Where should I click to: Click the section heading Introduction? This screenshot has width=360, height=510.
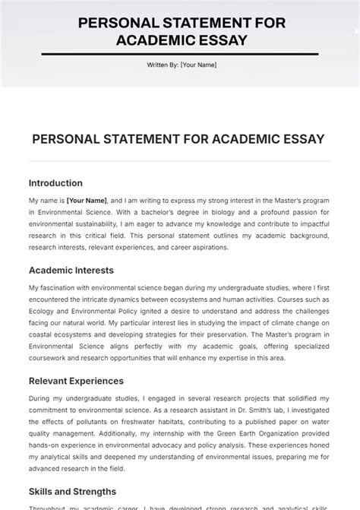[x=55, y=183]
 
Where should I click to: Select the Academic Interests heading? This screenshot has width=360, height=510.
[x=71, y=270]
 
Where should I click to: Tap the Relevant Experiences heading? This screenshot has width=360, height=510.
[x=76, y=381]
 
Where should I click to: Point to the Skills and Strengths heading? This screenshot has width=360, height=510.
[x=72, y=492]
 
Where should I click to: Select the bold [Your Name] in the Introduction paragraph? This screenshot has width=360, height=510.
[x=87, y=200]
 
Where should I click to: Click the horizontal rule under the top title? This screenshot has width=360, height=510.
[x=180, y=54]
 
